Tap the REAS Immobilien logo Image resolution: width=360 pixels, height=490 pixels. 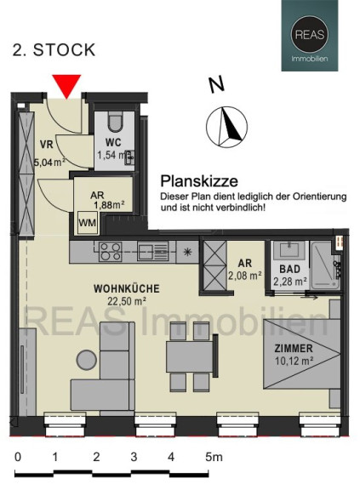[x=310, y=36]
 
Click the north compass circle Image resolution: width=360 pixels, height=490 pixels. [x=227, y=127]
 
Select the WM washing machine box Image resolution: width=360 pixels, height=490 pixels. [x=88, y=223]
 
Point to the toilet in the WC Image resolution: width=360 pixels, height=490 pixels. [x=115, y=122]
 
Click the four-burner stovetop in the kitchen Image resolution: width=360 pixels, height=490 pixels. [x=110, y=252]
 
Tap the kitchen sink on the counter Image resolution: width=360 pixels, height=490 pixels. [x=153, y=251]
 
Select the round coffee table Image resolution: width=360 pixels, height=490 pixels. [x=87, y=360]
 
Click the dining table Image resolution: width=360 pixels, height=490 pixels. [x=190, y=356]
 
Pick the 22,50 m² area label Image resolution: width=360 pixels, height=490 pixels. [x=127, y=301]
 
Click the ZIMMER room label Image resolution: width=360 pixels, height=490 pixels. [x=294, y=348]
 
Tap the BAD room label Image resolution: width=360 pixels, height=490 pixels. [x=289, y=269]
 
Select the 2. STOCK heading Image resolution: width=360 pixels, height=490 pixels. [x=54, y=50]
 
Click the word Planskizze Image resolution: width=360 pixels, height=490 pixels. [x=199, y=181]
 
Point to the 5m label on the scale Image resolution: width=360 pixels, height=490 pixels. [x=214, y=457]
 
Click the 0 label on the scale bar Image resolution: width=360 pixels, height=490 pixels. [x=18, y=457]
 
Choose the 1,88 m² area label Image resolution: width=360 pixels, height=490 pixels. [x=109, y=205]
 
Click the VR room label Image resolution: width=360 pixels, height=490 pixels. [x=47, y=145]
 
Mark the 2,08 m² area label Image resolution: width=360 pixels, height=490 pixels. [x=245, y=276]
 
